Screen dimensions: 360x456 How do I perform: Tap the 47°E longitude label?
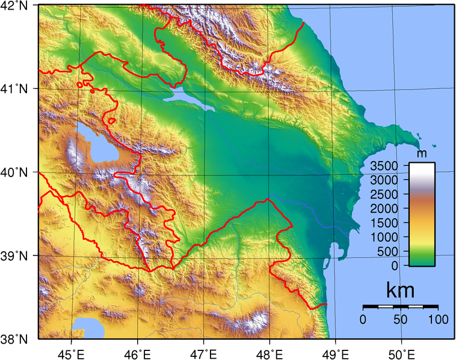(205, 352)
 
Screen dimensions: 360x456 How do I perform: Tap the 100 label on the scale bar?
(438, 319)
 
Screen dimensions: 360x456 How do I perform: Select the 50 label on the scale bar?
(400, 319)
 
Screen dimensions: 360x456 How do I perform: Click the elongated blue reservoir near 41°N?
(193, 100)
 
